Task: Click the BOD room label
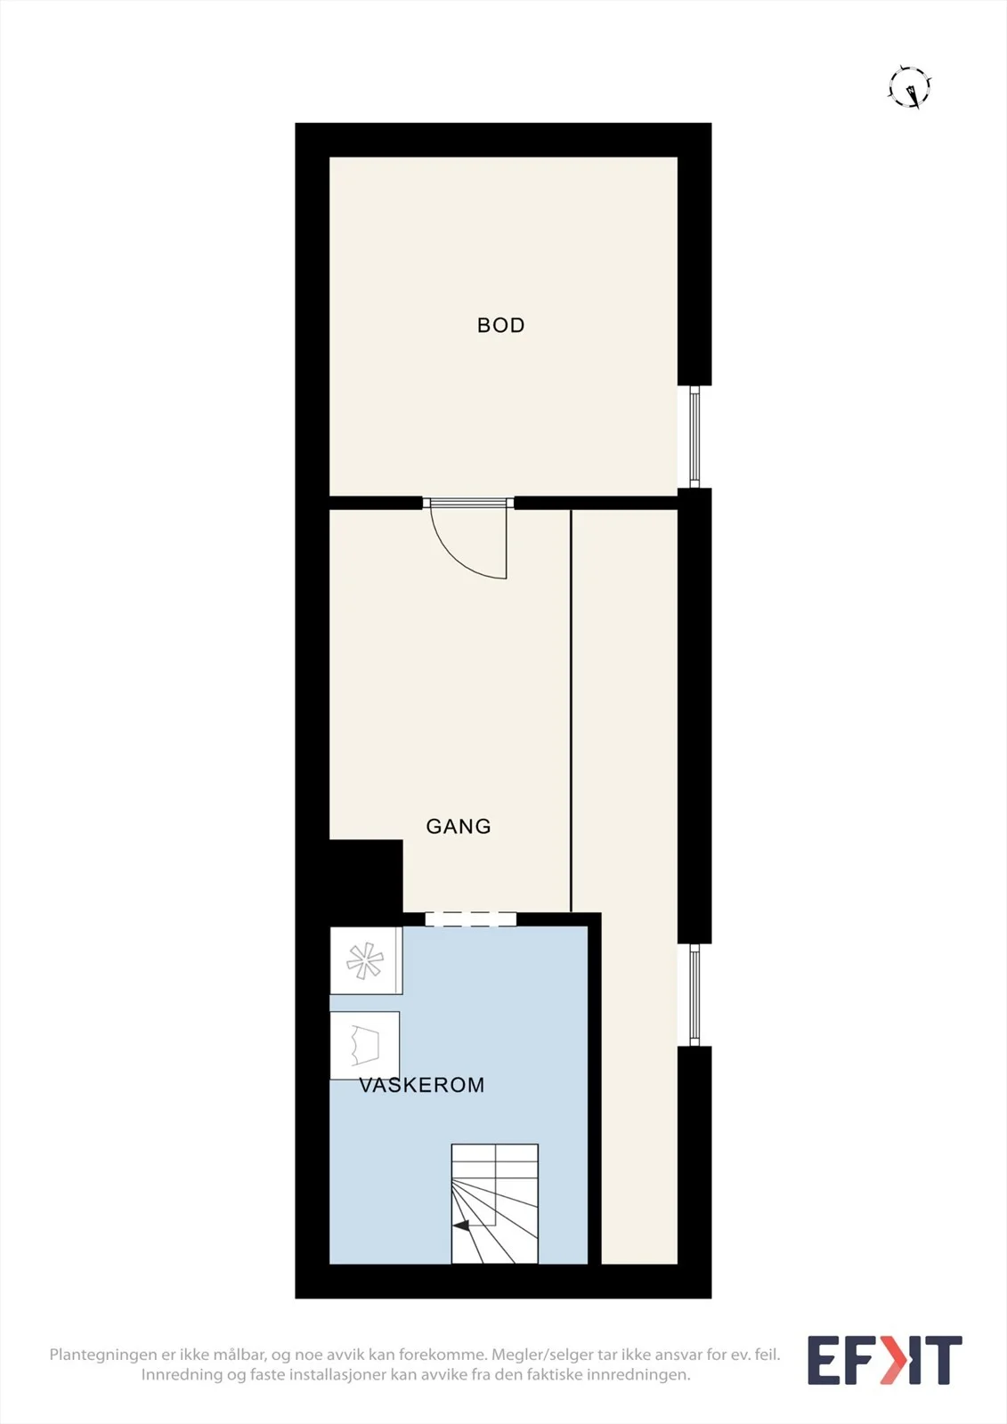coord(500,326)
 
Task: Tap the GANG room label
coord(458,827)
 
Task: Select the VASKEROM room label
coord(422,1085)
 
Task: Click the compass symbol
coord(910,86)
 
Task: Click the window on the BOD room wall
coord(694,437)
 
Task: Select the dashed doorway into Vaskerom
coord(470,918)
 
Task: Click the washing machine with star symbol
coord(366,960)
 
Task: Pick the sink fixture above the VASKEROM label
coord(364,1045)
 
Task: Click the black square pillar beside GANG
coord(366,876)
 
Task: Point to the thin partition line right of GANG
coord(572,711)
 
